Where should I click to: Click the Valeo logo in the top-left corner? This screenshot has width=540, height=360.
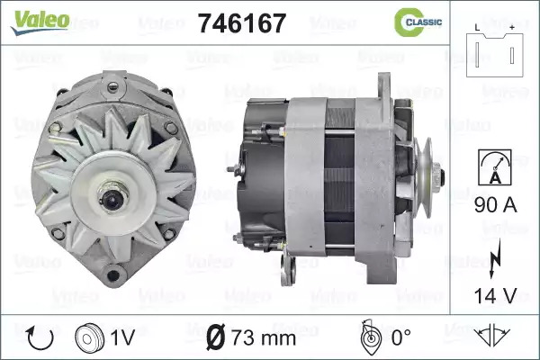[40, 22]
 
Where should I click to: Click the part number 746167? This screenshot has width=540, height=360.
[242, 23]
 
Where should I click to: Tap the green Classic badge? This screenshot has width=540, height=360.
[418, 22]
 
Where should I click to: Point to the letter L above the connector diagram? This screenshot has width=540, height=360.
[477, 28]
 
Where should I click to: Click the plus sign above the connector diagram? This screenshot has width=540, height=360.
[512, 27]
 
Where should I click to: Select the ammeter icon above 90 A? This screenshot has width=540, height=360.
[495, 167]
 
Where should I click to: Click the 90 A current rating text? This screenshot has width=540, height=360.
[496, 205]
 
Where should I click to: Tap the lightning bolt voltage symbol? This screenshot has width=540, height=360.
[495, 258]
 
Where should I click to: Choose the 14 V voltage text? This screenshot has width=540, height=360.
[496, 295]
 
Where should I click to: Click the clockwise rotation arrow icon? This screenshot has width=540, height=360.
[40, 338]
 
